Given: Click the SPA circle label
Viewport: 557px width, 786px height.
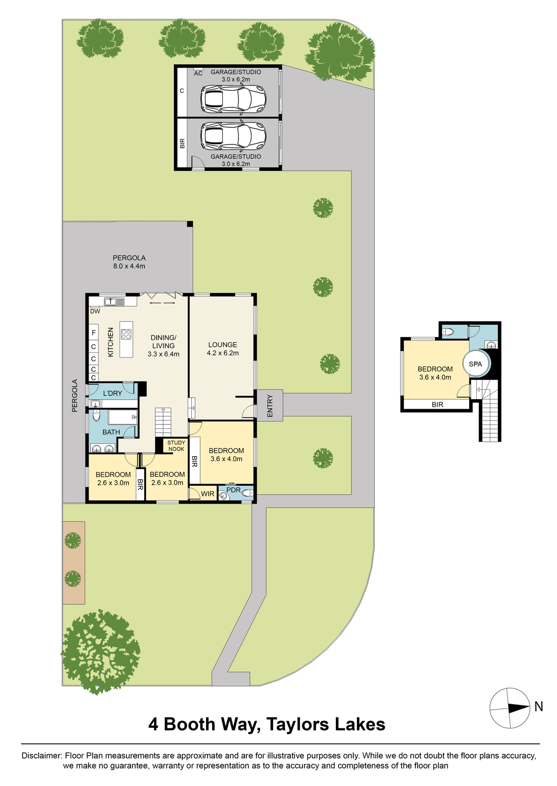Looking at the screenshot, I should [x=475, y=364].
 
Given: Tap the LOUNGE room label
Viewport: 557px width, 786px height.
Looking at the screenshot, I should [x=223, y=345].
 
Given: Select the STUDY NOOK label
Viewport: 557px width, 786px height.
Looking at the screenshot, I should [x=176, y=446].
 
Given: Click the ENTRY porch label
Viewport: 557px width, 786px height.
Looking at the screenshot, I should [x=270, y=405].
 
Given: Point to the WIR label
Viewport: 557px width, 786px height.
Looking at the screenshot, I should [x=207, y=494].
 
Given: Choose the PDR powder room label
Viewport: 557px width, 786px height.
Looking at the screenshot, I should [x=233, y=490].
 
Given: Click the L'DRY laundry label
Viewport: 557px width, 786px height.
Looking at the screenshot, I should [x=112, y=393].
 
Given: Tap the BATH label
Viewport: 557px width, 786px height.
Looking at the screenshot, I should [x=111, y=432].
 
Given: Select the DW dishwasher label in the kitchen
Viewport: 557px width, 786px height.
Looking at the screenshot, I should [x=95, y=311].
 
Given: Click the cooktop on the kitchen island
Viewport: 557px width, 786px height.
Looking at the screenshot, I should [x=126, y=334].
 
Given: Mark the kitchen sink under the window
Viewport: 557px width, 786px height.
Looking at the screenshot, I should [x=114, y=301].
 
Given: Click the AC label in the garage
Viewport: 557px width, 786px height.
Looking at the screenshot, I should [x=198, y=73].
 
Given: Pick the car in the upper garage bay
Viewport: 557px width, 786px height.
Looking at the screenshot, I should [x=233, y=97].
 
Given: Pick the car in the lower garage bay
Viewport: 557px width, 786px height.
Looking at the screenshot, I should [x=233, y=136].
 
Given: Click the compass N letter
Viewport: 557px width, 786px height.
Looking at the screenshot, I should [x=539, y=706].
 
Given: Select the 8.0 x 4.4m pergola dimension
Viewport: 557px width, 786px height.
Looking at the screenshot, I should [x=129, y=266].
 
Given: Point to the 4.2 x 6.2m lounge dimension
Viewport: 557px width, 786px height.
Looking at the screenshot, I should [x=223, y=353].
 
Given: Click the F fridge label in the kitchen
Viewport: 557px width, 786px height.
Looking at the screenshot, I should [x=94, y=333].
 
